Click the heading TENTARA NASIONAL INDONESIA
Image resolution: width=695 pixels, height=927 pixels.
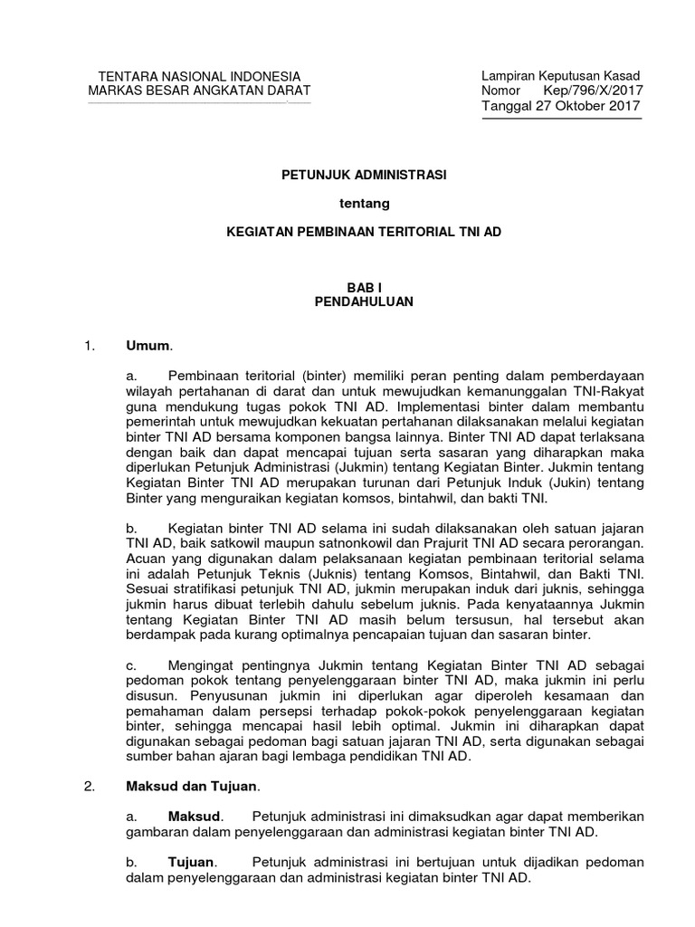click(x=198, y=76)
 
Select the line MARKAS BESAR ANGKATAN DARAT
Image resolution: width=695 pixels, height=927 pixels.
click(x=198, y=91)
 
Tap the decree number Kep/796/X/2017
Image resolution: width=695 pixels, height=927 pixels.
click(x=592, y=91)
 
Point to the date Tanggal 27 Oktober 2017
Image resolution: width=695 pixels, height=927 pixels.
click(x=560, y=106)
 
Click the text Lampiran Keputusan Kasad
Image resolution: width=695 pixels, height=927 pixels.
click(x=560, y=76)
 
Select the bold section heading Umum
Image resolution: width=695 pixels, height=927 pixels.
click(x=148, y=345)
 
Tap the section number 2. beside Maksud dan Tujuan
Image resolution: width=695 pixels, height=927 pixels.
click(x=89, y=787)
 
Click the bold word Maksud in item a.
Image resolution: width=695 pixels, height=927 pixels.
click(x=194, y=817)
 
